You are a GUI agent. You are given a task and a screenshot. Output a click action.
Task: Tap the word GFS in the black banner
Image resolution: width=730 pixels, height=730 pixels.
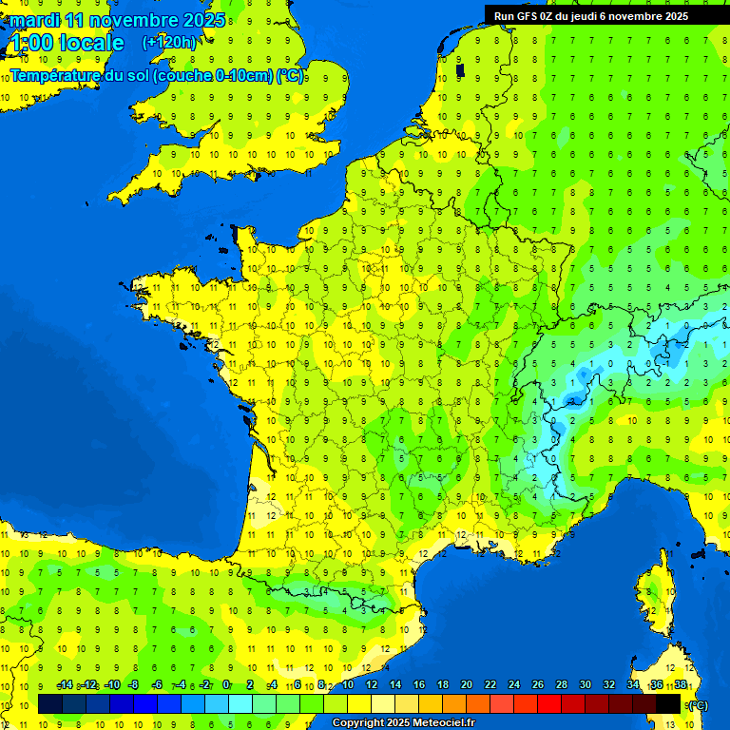click(531, 15)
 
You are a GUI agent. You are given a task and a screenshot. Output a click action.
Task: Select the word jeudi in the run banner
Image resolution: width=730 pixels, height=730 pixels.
click(600, 15)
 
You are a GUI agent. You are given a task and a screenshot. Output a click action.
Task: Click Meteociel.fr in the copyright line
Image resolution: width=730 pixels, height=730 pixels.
click(443, 723)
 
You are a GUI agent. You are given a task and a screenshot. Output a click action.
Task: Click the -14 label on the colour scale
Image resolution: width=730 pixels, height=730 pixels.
click(65, 685)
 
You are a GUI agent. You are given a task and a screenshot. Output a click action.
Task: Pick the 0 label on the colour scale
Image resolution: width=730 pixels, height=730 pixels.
click(226, 685)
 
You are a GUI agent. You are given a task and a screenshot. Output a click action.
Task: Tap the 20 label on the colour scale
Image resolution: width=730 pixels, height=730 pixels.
click(466, 685)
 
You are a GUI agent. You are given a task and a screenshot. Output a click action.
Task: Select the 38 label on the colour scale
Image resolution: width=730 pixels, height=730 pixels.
click(681, 685)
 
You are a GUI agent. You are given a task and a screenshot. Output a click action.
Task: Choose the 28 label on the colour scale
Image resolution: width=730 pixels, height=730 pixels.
click(561, 685)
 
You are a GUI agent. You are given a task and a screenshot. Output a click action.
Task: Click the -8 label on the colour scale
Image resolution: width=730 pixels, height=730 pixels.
click(133, 685)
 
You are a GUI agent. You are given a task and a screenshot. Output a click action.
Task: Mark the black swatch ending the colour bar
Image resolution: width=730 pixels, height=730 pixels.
click(668, 703)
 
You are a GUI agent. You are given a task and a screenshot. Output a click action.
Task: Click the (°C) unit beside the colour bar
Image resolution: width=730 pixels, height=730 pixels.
click(698, 704)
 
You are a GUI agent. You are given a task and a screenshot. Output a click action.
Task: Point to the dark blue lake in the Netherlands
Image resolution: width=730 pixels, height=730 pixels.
click(460, 71)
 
